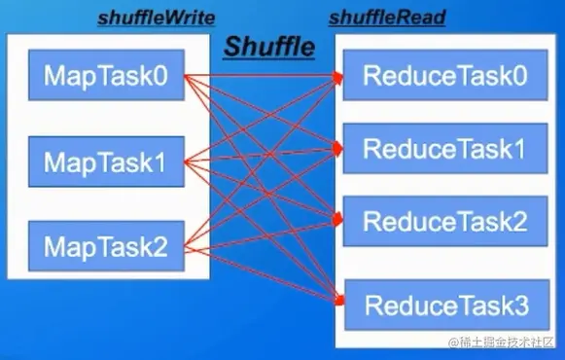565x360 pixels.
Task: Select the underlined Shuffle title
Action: pyautogui.click(x=269, y=45)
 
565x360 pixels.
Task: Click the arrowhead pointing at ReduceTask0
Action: pyautogui.click(x=340, y=76)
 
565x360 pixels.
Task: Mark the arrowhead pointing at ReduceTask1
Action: pyautogui.click(x=340, y=149)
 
